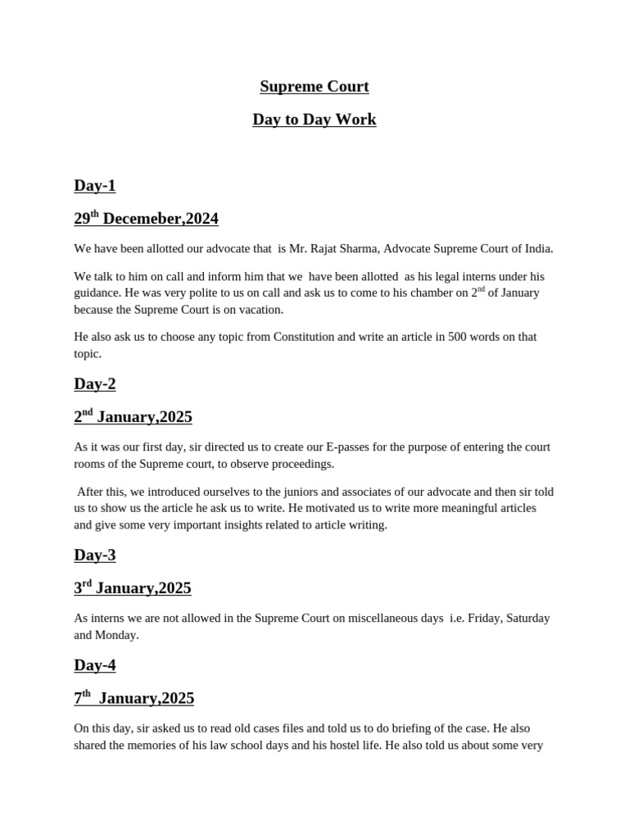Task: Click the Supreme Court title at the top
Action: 314,87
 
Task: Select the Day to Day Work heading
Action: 314,120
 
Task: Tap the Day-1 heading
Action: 95,186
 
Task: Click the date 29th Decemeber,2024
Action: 146,219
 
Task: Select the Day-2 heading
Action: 95,384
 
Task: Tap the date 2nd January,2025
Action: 133,417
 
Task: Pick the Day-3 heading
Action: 95,556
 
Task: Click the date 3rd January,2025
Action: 133,588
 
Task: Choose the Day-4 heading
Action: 95,665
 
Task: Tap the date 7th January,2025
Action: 133,698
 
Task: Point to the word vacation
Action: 259,310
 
